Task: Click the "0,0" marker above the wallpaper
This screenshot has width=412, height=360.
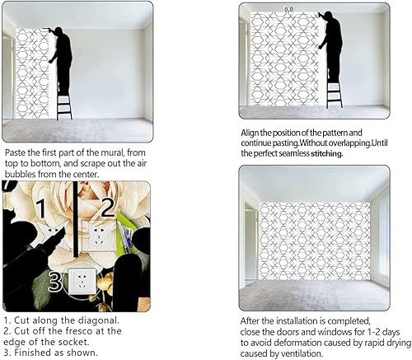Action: point(288,9)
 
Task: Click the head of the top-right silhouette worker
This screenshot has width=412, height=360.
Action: point(330,17)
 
